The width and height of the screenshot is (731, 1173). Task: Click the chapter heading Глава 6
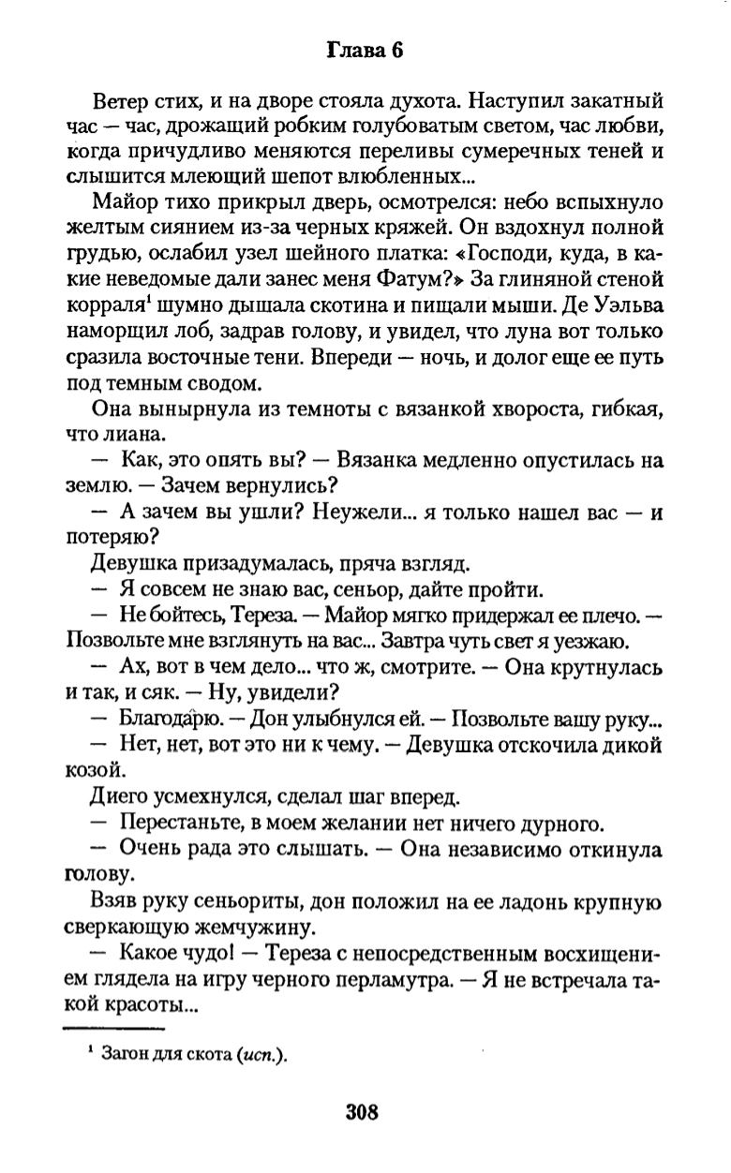pyautogui.click(x=365, y=52)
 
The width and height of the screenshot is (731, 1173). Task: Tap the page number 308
pyautogui.click(x=362, y=1113)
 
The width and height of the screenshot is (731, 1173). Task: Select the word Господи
pyautogui.click(x=513, y=252)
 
